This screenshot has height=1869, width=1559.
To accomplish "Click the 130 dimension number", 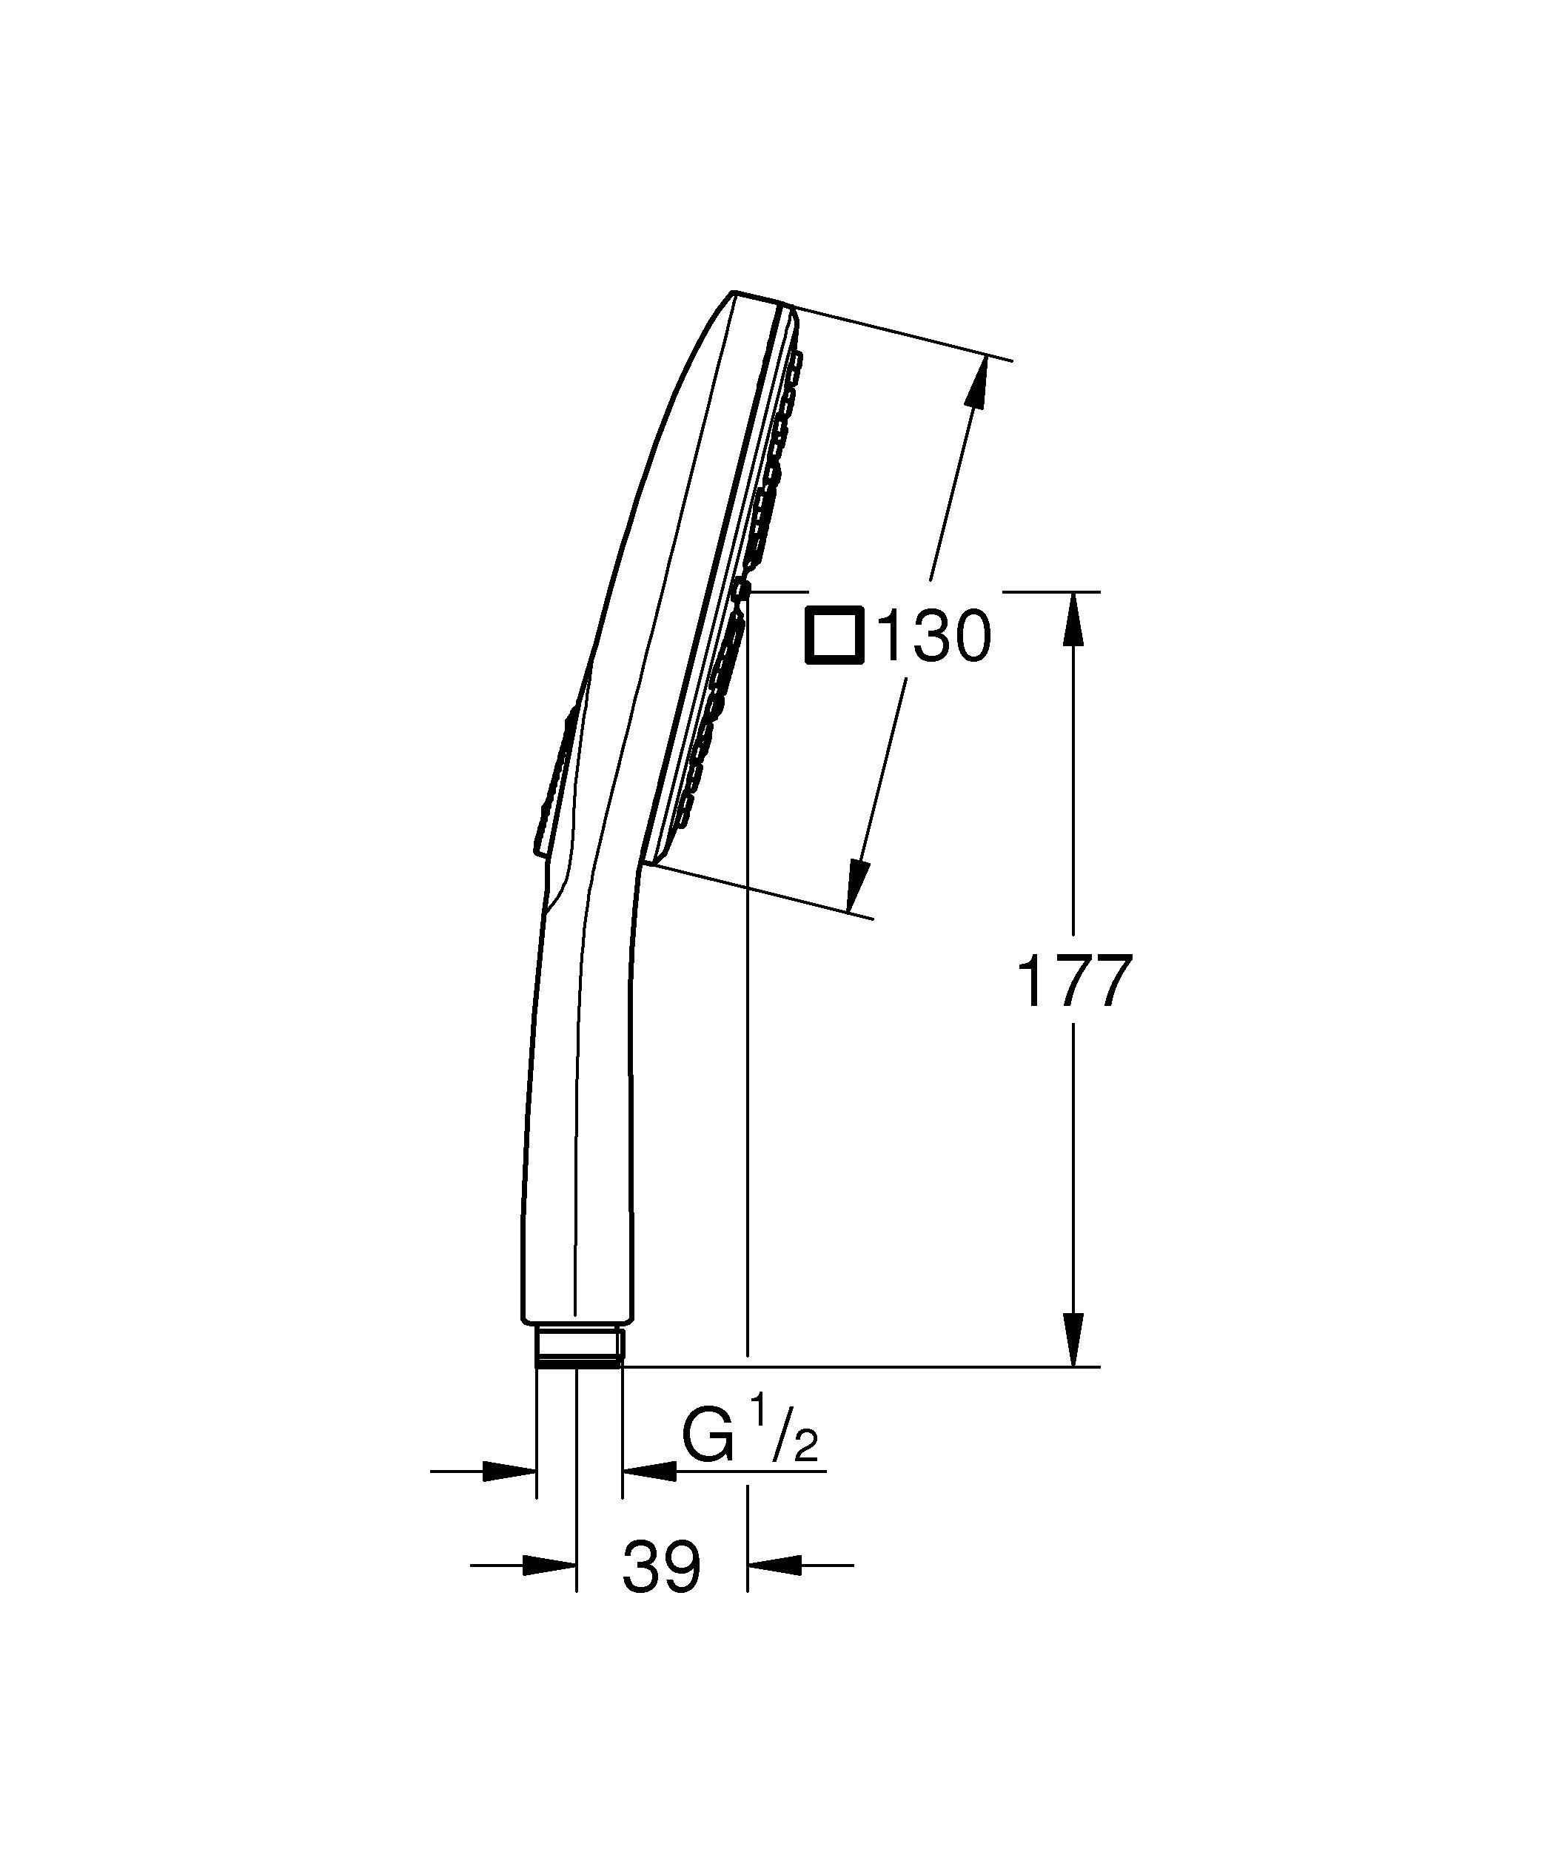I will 933,637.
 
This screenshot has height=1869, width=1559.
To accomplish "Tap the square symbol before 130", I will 834,635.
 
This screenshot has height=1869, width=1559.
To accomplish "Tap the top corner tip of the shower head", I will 733,292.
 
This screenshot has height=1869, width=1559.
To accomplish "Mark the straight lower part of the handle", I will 578,1157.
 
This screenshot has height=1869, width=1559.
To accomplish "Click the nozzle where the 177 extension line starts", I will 741,588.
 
